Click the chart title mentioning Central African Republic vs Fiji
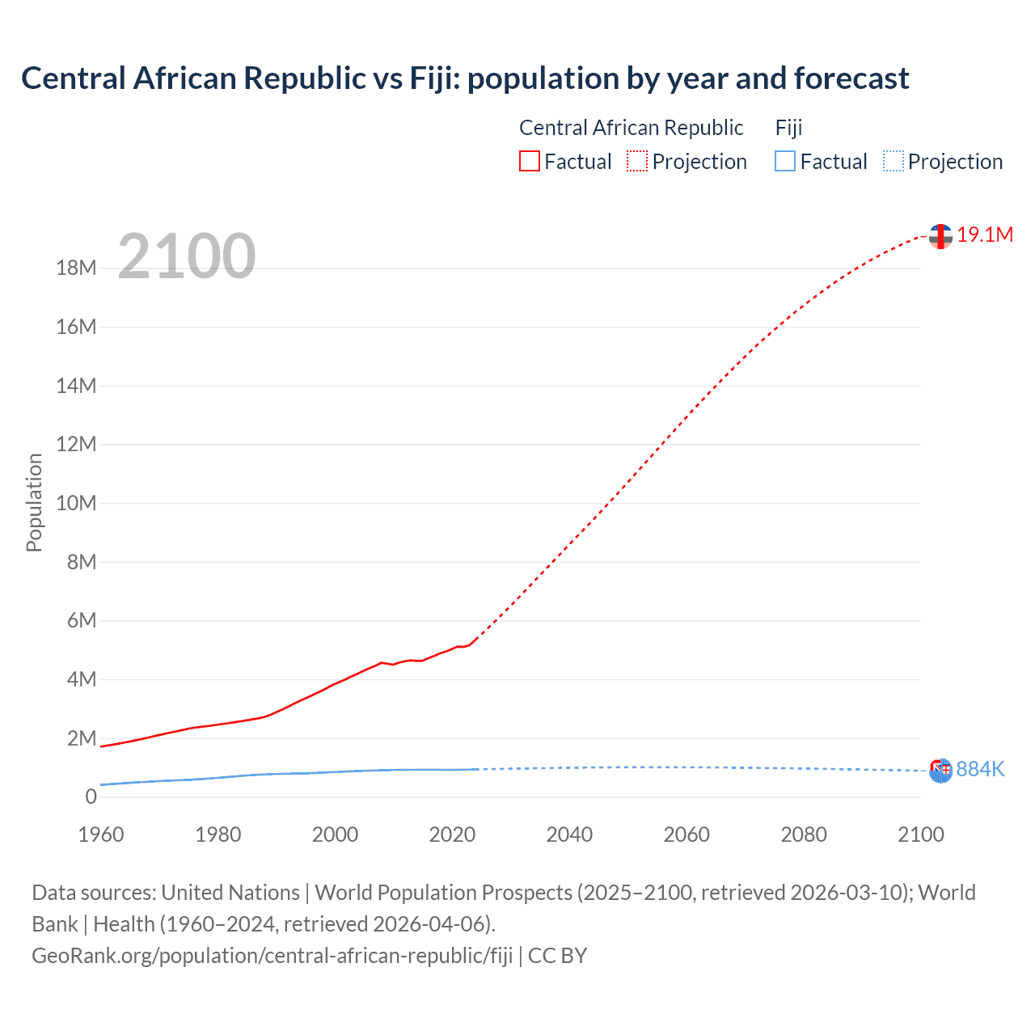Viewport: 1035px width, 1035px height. pos(465,78)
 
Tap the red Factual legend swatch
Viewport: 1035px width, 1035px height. pos(529,161)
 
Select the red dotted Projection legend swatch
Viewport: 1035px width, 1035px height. pos(637,161)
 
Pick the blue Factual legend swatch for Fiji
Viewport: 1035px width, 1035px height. pos(784,161)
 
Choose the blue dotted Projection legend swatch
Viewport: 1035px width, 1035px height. pos(893,161)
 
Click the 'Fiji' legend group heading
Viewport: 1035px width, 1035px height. pos(788,128)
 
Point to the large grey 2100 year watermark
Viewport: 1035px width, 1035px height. pos(187,256)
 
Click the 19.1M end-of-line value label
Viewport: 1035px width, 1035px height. pos(985,234)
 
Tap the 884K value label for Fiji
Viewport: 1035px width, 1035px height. pos(980,769)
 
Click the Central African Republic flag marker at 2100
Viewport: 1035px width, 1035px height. pos(940,236)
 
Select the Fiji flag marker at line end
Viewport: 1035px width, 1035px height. pos(940,771)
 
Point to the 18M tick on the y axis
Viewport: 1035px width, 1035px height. pos(76,268)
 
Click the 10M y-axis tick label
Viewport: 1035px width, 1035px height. pos(76,503)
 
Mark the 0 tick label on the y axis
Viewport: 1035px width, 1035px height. pos(91,796)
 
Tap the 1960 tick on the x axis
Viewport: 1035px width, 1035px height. pos(101,834)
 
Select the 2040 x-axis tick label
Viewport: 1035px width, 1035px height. pos(569,834)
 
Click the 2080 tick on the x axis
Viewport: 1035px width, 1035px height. pos(804,834)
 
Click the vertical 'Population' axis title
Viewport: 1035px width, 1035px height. pos(34,502)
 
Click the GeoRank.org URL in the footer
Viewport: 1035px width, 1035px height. pos(272,956)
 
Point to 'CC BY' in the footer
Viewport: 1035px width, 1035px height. pos(557,956)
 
